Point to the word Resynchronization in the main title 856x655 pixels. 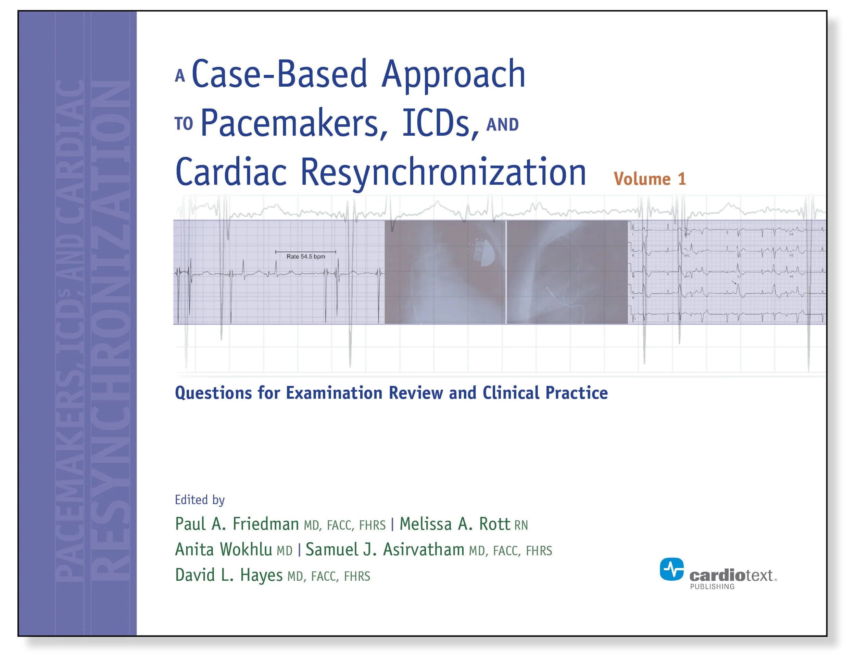(443, 172)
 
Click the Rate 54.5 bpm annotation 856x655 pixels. (305, 257)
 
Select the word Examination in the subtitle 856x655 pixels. (334, 393)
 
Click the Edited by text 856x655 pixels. (200, 500)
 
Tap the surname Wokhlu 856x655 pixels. (246, 550)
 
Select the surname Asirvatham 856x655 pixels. (424, 550)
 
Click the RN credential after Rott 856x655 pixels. (521, 526)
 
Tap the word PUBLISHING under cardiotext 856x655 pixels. (712, 586)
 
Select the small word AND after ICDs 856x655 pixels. (502, 125)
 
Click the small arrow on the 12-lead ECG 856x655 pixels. (734, 283)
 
